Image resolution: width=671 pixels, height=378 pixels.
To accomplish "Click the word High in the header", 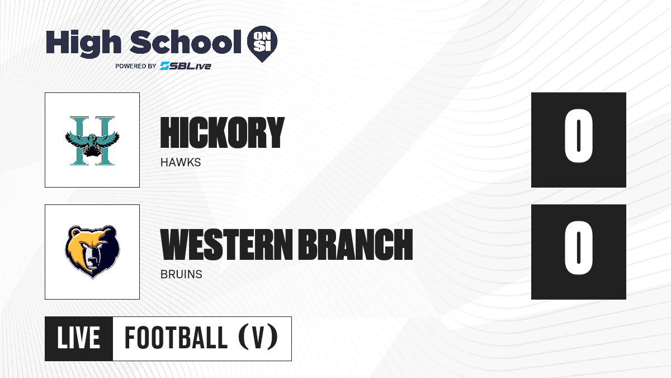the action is tap(83, 43).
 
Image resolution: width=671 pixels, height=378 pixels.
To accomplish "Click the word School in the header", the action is tap(186, 41).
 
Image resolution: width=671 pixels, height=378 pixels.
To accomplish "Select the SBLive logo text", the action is tap(186, 66).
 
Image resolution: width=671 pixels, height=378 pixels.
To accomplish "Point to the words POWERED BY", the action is tap(136, 66).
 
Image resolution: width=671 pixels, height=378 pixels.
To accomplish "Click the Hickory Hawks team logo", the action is tap(92, 141).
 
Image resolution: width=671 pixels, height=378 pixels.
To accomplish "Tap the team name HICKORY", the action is tap(223, 133).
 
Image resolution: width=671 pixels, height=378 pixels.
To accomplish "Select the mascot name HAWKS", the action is tap(181, 162).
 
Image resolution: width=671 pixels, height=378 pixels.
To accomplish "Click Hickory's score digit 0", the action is tap(578, 136).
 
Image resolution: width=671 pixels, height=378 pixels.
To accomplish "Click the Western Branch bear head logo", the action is tap(92, 252).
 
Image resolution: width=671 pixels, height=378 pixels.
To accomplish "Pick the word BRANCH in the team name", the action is tap(356, 244).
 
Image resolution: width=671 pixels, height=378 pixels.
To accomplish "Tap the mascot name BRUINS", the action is tap(181, 274).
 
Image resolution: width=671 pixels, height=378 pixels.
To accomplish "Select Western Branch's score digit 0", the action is tap(578, 248).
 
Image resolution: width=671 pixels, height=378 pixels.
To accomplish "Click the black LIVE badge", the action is tap(79, 339).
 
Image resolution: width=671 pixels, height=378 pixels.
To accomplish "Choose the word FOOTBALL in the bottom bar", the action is tap(176, 338).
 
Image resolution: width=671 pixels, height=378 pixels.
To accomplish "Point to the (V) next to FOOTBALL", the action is tap(258, 337).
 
